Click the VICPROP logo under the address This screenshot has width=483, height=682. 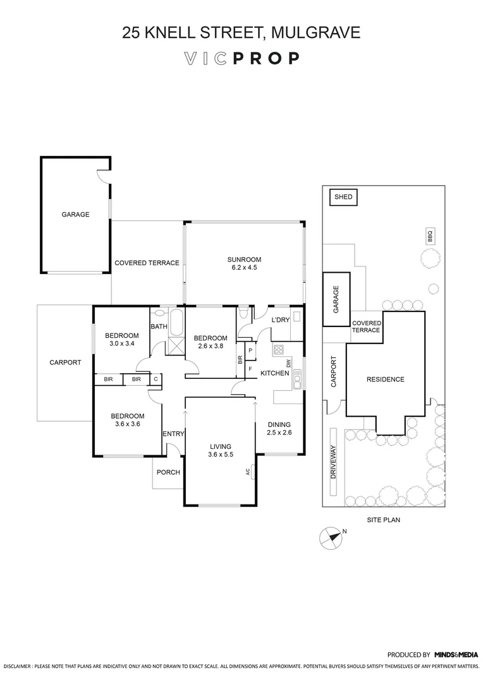pos(241,59)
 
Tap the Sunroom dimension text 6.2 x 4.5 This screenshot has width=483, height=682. pos(244,268)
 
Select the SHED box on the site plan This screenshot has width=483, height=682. pos(343,198)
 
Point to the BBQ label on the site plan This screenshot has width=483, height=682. pos(429,237)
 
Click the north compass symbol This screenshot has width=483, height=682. pos(330,537)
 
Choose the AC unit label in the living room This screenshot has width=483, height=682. pos(248,472)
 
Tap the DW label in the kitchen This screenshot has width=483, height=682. pos(288,364)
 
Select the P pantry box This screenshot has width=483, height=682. pos(250,350)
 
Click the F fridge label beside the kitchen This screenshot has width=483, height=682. pos(250,368)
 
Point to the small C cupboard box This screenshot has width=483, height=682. pos(156,379)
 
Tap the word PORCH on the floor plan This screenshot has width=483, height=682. pos(168,472)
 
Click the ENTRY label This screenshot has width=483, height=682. pos(173,434)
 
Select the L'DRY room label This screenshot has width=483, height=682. pos(279,320)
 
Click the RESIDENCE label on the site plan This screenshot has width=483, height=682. pos(385,380)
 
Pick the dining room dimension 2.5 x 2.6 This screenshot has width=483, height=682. pos(279,433)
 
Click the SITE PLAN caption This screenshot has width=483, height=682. pos(384,520)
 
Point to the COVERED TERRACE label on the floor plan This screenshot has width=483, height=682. pos(147,263)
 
